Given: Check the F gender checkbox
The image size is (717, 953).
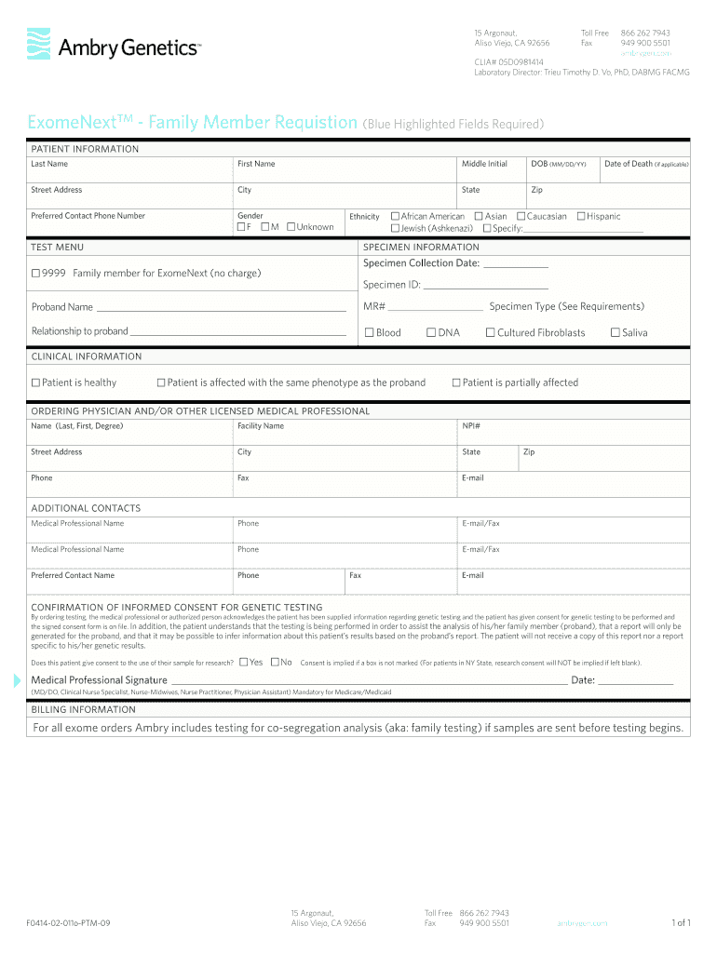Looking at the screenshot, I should pos(242,227).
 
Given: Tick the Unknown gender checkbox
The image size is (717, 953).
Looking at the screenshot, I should pos(291,227).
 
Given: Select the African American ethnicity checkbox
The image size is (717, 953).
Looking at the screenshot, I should pos(395,216).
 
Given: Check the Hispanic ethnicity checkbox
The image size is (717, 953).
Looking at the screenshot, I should pos(580,216).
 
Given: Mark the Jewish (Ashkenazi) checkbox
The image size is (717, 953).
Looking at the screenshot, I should pos(395,228).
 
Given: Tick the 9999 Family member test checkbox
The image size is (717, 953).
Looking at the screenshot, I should pos(35,274).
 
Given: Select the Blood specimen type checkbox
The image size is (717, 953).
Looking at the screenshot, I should pos(369,332).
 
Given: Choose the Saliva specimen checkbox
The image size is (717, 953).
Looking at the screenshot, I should pos(615,332).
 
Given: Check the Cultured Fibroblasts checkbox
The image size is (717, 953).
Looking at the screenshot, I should pos(490,332).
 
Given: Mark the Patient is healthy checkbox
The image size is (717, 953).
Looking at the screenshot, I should pos(35,383).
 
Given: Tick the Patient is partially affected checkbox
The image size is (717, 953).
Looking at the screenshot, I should pos(456,383).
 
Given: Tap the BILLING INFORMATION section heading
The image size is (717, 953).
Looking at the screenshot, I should pos(83,709).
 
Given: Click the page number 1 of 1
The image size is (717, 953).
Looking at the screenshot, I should pos(681,923).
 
